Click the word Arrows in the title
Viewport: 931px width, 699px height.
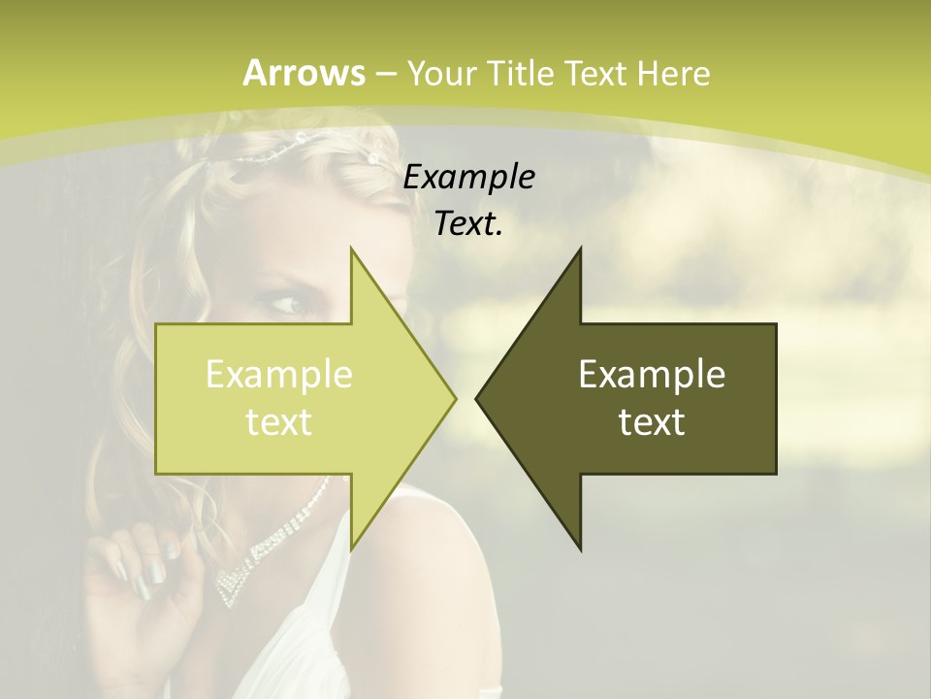click(x=304, y=73)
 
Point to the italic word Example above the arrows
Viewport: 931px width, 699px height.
click(x=468, y=178)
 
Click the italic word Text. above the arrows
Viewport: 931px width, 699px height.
click(x=468, y=224)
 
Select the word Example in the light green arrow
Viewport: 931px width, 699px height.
click(x=278, y=375)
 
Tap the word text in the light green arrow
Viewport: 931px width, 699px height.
click(x=278, y=422)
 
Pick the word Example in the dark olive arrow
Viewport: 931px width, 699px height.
click(x=652, y=375)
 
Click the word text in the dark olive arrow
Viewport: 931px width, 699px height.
click(x=652, y=422)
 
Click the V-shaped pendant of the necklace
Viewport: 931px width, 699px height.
click(x=233, y=583)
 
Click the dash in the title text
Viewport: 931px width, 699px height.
click(x=385, y=74)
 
